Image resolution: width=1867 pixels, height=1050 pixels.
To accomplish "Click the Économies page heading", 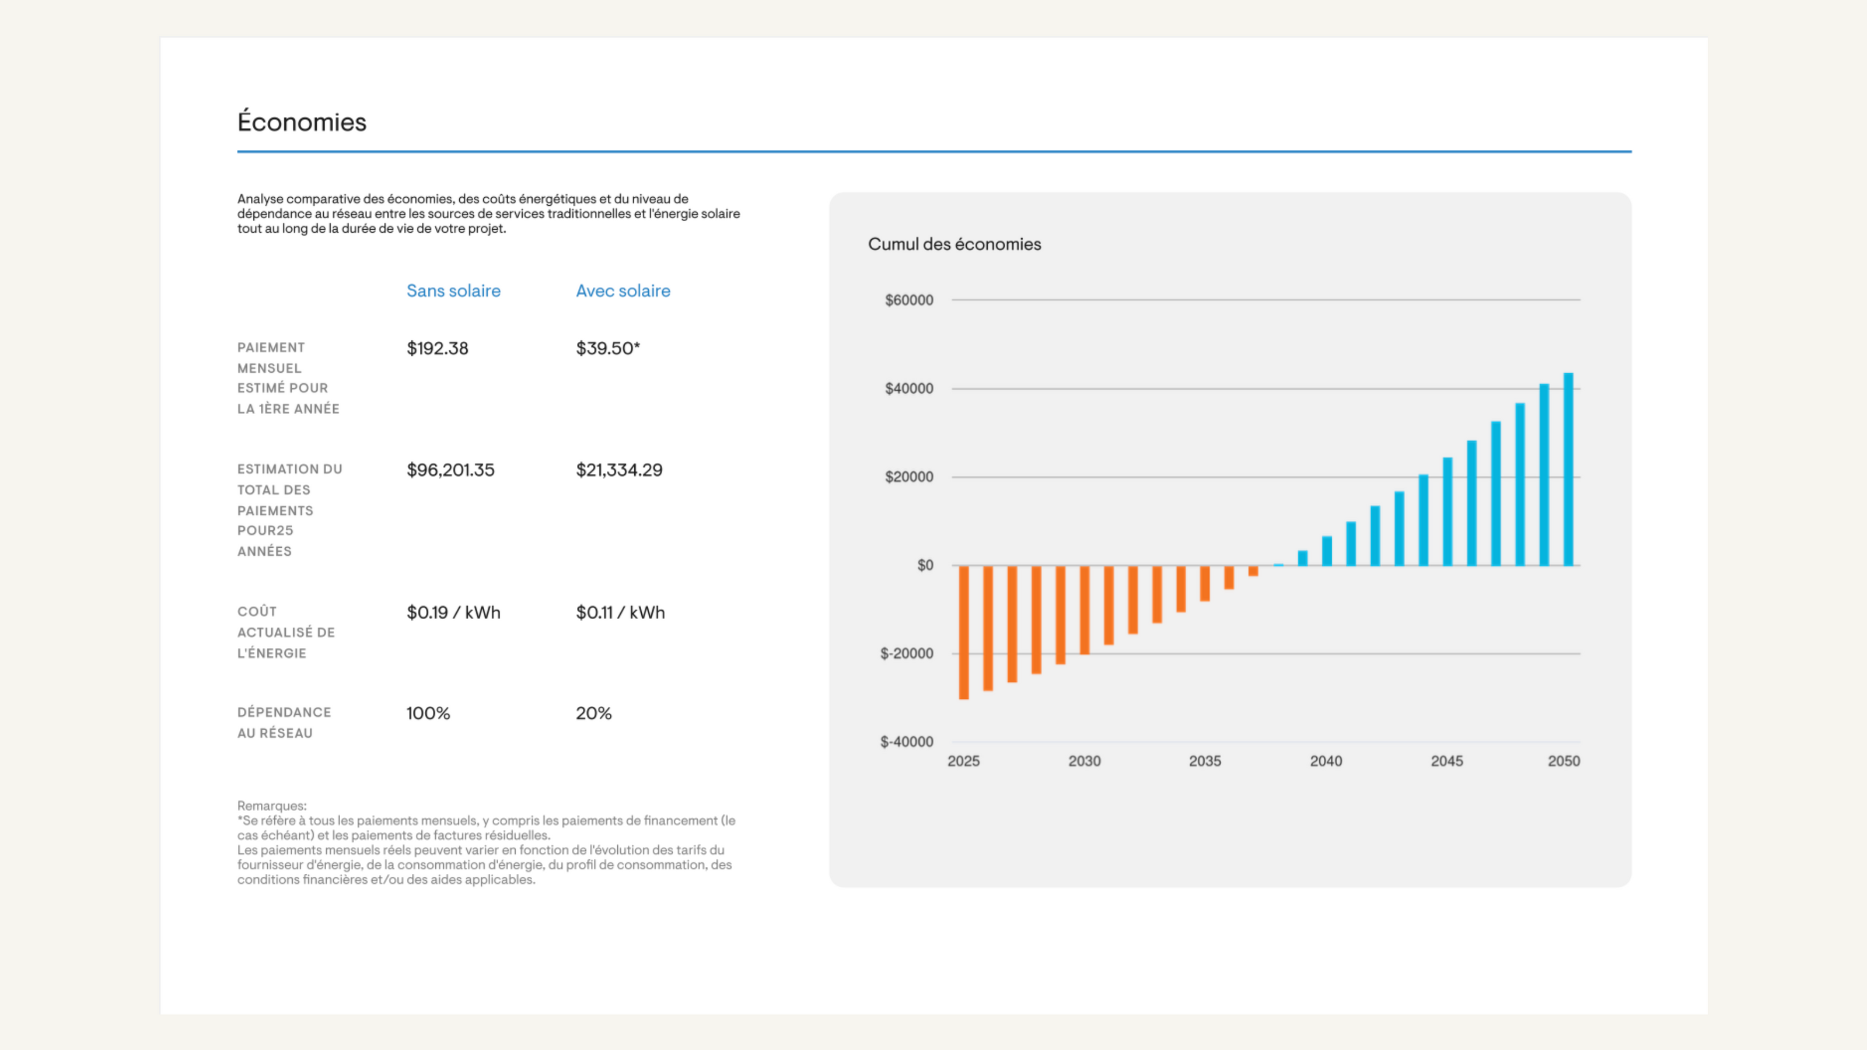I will pos(302,122).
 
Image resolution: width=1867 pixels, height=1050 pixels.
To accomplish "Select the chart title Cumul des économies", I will pos(954,244).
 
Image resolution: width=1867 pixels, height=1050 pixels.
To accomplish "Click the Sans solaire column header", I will pos(453,290).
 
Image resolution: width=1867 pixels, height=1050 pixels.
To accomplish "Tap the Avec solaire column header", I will pos(623,290).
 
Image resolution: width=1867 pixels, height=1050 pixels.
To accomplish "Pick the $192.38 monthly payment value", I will pos(437,349).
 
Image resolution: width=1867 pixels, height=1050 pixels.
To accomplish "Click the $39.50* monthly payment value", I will pos(607,349).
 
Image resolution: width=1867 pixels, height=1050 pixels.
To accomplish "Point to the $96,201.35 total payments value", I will pos(450,470).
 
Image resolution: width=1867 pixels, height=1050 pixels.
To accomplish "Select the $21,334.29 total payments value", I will pos(619,470).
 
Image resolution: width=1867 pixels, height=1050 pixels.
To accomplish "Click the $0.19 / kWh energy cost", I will pos(453,612).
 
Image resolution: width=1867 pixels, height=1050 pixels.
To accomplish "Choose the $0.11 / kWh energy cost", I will pos(620,612).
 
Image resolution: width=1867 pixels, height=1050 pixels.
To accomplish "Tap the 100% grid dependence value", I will pos(428,713).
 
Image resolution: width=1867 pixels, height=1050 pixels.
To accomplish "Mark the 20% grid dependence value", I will pos(593,713).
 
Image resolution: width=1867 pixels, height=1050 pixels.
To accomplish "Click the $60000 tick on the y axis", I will pos(908,300).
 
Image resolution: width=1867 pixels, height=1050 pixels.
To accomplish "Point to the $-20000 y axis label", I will pos(906,653).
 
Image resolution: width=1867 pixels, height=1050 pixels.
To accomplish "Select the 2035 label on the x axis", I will pos(1205,761).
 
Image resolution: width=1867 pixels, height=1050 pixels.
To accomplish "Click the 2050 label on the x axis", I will pos(1564,761).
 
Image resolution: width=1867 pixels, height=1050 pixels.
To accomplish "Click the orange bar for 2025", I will pos(963,632).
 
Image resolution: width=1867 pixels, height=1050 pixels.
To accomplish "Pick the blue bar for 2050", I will pos(1568,469).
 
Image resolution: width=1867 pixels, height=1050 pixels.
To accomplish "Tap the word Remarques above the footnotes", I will pos(272,806).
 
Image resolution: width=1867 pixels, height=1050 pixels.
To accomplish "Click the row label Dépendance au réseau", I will pos(284,723).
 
